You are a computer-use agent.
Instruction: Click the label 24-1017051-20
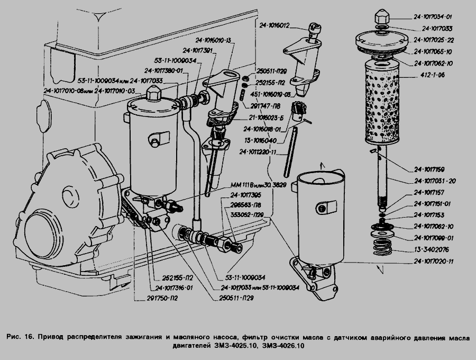[435, 181]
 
